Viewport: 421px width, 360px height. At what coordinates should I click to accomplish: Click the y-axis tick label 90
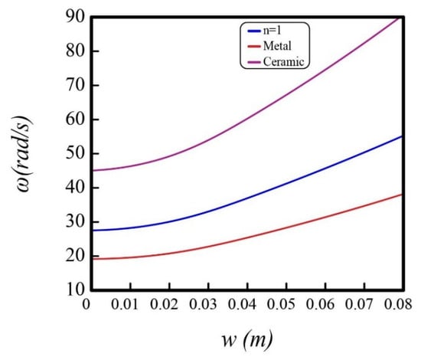pyautogui.click(x=75, y=17)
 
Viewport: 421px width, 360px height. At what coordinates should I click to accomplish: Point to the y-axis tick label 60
pyautogui.click(x=75, y=119)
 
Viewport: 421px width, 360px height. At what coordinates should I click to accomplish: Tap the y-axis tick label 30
pyautogui.click(x=75, y=222)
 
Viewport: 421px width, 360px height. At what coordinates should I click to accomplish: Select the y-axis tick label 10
pyautogui.click(x=75, y=290)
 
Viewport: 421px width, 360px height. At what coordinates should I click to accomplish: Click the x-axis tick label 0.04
pyautogui.click(x=242, y=304)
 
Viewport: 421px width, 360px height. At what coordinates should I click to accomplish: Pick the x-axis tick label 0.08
pyautogui.click(x=398, y=304)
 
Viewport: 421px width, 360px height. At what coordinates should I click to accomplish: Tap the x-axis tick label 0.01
pyautogui.click(x=125, y=304)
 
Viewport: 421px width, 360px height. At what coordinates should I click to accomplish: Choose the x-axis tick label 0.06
pyautogui.click(x=320, y=304)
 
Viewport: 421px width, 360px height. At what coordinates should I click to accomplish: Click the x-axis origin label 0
pyautogui.click(x=86, y=304)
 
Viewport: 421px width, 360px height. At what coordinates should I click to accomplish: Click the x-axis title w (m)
pyautogui.click(x=247, y=339)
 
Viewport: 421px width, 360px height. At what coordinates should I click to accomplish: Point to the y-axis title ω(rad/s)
pyautogui.click(x=23, y=154)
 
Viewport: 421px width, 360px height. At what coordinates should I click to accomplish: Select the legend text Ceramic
pyautogui.click(x=284, y=61)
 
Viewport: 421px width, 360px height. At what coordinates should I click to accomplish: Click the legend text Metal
pyautogui.click(x=277, y=46)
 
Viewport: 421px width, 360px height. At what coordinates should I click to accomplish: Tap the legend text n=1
pyautogui.click(x=272, y=31)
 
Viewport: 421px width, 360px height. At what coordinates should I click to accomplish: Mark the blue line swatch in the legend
pyautogui.click(x=254, y=31)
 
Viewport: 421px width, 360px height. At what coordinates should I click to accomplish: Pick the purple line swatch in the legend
pyautogui.click(x=254, y=62)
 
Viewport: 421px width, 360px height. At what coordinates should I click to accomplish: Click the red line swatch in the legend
pyautogui.click(x=254, y=47)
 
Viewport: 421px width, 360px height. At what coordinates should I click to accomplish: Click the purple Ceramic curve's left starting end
pyautogui.click(x=93, y=170)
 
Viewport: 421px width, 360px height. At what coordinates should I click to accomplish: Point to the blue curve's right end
pyautogui.click(x=402, y=136)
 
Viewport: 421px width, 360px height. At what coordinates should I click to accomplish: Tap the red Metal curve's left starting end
pyautogui.click(x=93, y=259)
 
